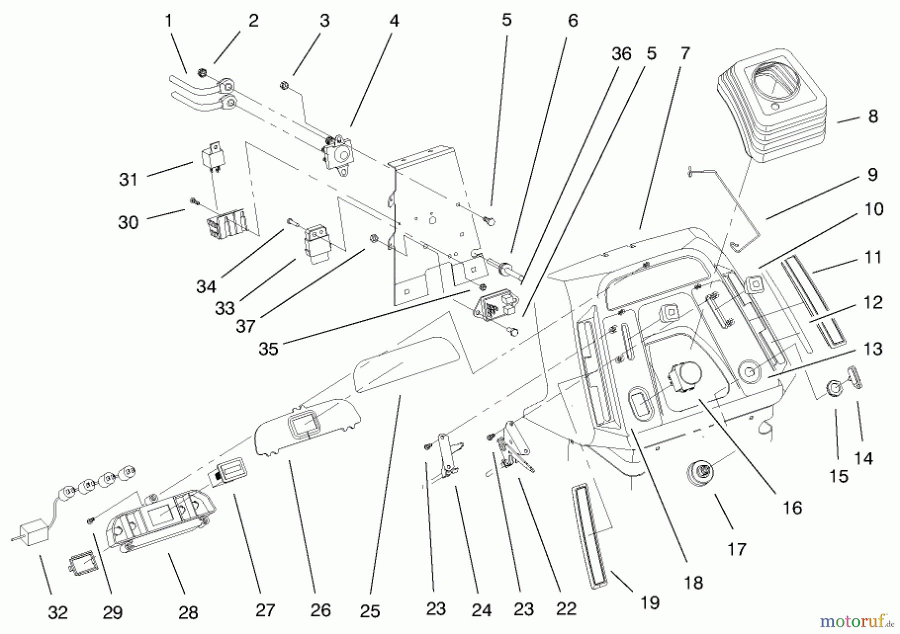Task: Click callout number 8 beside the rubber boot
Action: pos(873,116)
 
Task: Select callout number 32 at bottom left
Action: pos(57,613)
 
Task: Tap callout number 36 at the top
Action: pos(621,54)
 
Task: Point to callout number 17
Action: pos(736,550)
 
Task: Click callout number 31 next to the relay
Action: pos(128,179)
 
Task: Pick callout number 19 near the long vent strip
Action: pos(649,603)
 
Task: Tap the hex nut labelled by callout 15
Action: pos(834,388)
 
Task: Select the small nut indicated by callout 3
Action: pos(282,85)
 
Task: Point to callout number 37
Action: pos(245,326)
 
